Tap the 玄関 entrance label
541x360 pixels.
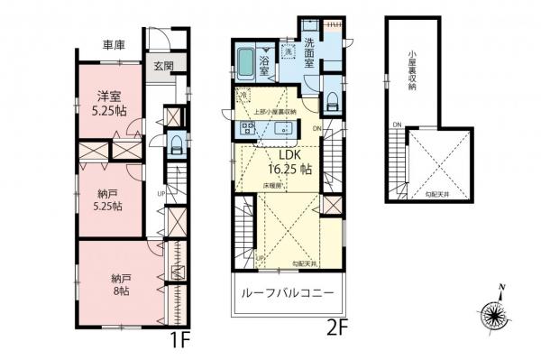tap(163, 66)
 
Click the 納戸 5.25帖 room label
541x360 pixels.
tap(109, 199)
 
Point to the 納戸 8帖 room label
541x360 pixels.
tap(108, 282)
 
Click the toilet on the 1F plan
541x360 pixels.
tap(176, 144)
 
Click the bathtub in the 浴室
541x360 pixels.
tap(246, 62)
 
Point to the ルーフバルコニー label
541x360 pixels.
tap(287, 295)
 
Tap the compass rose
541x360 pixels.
tap(494, 316)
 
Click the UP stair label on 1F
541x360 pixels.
tap(160, 193)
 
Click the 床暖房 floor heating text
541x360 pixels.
tap(271, 186)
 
